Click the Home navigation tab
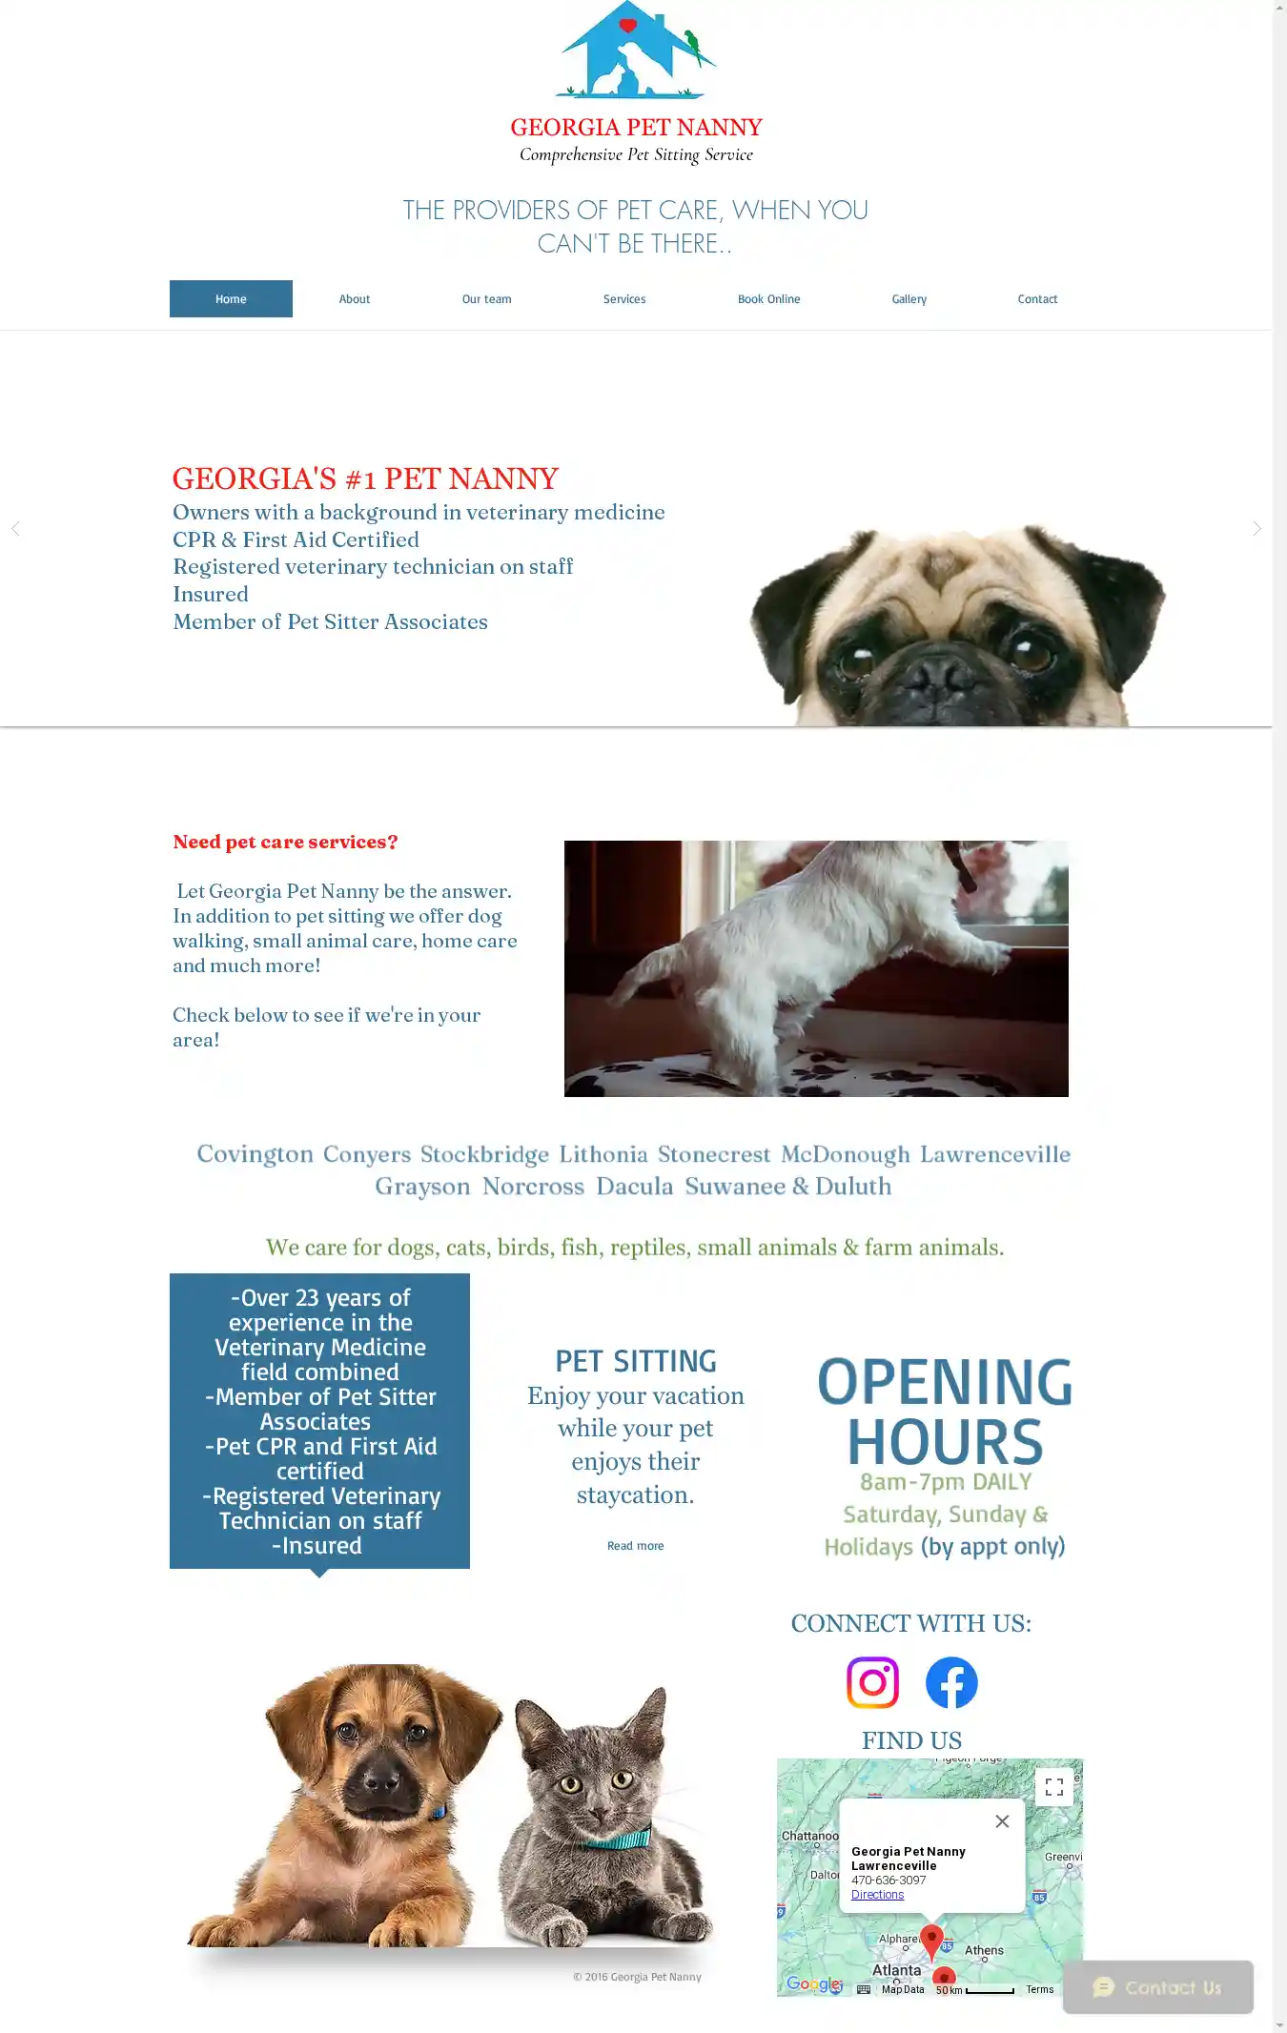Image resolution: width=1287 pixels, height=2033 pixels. point(231,299)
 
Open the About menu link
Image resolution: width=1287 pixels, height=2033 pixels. point(355,299)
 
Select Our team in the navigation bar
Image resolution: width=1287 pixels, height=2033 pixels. point(486,299)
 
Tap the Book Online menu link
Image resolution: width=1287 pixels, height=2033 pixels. point(768,299)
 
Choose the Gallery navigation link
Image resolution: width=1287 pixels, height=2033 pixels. point(909,299)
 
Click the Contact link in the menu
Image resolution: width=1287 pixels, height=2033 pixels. point(1037,299)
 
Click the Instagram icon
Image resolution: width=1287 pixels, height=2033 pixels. point(872,1682)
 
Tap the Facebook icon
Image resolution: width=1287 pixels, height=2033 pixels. point(951,1682)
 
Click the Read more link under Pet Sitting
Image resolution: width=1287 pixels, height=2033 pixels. point(635,1546)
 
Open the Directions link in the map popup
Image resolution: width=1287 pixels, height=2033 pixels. point(877,1895)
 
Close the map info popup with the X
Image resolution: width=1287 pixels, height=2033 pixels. point(1002,1821)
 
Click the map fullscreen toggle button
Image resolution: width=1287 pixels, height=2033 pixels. point(1053,1787)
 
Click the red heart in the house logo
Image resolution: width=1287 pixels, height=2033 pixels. point(627,26)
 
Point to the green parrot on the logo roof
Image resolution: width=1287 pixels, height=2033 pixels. point(694,44)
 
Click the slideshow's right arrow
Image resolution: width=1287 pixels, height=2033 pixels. point(1256,528)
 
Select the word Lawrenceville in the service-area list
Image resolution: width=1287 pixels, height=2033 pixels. point(994,1154)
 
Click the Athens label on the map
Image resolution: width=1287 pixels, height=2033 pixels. point(984,1950)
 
